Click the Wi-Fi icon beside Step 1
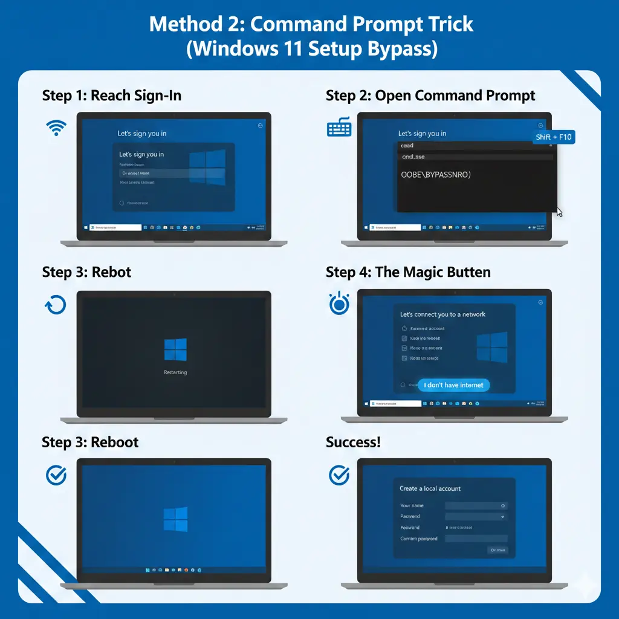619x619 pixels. tap(56, 127)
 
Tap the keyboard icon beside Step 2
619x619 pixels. tap(339, 127)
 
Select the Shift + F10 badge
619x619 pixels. tap(553, 137)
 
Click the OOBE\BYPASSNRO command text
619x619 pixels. tap(435, 175)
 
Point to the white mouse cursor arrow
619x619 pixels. tap(559, 212)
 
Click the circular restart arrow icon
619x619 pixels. tap(56, 305)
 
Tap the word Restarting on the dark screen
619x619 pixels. tap(175, 372)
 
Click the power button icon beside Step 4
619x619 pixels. tap(339, 304)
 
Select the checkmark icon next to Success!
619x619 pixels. tap(339, 475)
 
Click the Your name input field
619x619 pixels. tap(476, 505)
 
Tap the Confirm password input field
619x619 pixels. tap(476, 539)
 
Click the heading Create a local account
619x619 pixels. tap(430, 488)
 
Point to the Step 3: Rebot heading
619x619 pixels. tap(86, 272)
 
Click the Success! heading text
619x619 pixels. tap(353, 442)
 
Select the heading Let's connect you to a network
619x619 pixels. tap(442, 314)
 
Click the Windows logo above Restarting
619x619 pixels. tap(175, 349)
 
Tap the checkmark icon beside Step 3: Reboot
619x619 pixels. tap(56, 475)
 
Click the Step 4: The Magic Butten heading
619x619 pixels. tap(408, 272)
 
